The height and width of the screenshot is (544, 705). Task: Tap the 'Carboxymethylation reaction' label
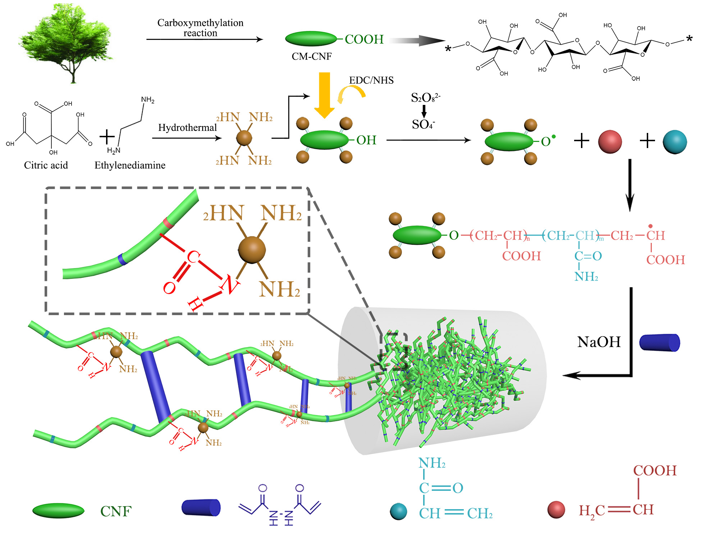[x=200, y=28]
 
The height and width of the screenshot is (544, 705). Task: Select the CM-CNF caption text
[x=311, y=56]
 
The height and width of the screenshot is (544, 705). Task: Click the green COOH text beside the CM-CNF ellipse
[x=364, y=39]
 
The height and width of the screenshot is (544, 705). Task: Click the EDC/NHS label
[x=371, y=80]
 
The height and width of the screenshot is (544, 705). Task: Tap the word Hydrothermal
[x=187, y=128]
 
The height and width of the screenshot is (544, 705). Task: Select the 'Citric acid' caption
[x=46, y=165]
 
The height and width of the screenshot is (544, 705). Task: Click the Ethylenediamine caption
[x=130, y=165]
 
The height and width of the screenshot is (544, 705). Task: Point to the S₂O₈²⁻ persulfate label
[x=425, y=97]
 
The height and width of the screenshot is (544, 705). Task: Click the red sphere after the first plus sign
[x=610, y=142]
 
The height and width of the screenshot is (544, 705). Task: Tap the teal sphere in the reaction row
[x=674, y=142]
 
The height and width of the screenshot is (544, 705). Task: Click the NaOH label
[x=599, y=342]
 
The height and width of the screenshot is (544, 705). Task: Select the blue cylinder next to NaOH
[x=659, y=342]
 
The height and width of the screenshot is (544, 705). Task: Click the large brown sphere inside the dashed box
[x=252, y=250]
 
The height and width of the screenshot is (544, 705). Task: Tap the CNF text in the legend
[x=116, y=511]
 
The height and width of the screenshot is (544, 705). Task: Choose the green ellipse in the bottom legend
[x=58, y=511]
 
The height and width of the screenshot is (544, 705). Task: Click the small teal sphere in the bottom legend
[x=398, y=511]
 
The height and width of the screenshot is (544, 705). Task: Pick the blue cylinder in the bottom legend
[x=201, y=507]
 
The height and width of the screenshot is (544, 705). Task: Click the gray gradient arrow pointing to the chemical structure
[x=417, y=41]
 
